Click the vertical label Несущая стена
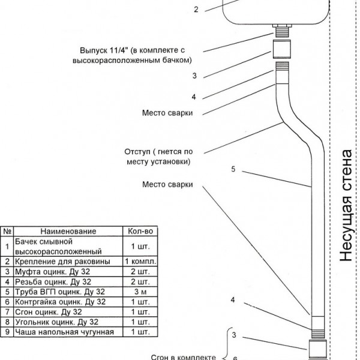(x=347, y=205)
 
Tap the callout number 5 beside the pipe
(x=233, y=169)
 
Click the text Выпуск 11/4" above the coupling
(x=103, y=50)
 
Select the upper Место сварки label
(x=167, y=113)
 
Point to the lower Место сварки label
(x=167, y=184)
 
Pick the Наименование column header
(x=68, y=231)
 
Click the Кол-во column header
(x=140, y=231)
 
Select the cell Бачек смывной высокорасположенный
(x=58, y=247)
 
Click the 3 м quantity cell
(x=140, y=292)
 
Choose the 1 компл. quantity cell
(x=140, y=262)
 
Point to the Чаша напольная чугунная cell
(x=64, y=332)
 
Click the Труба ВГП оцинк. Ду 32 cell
(x=60, y=292)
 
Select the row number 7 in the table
(x=7, y=312)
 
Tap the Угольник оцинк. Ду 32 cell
(x=56, y=322)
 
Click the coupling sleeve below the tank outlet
(x=282, y=49)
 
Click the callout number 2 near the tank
(x=196, y=10)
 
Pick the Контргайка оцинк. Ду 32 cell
(x=60, y=302)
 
